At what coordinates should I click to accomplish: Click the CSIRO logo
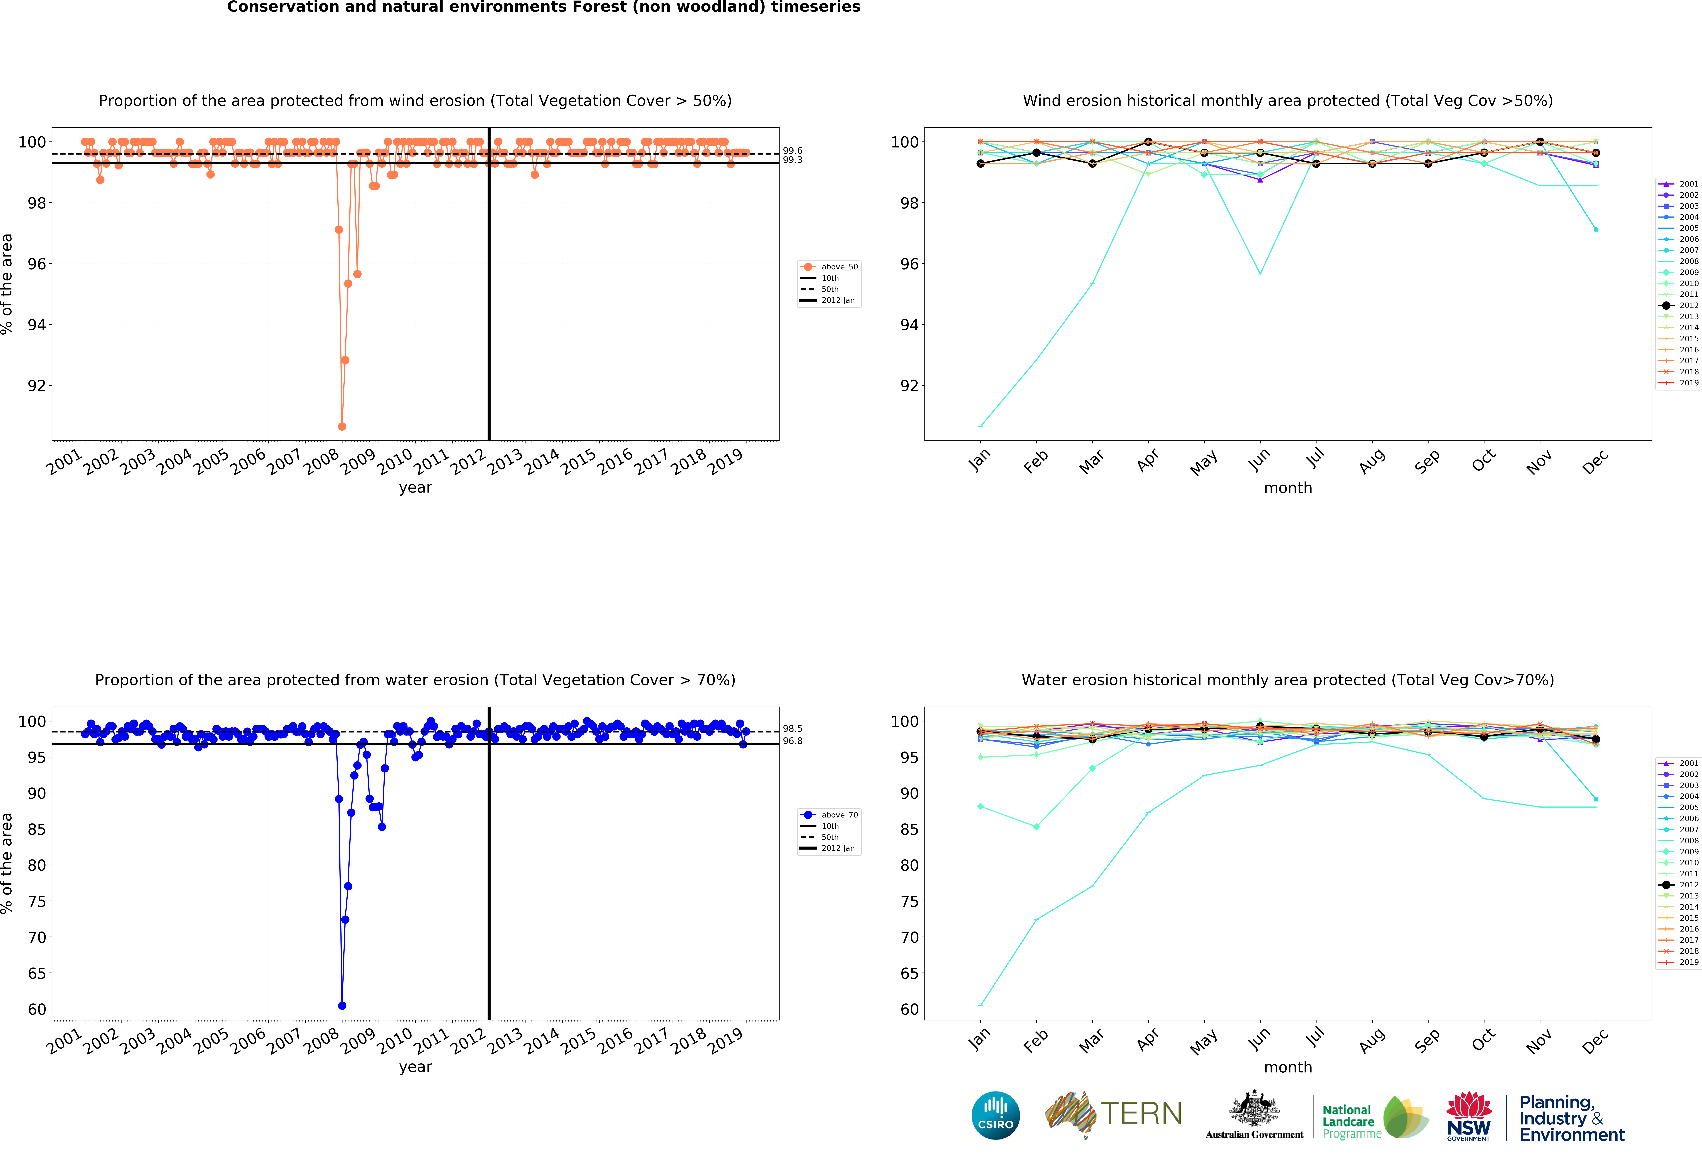995,1115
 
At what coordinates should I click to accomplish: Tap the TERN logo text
1141,1114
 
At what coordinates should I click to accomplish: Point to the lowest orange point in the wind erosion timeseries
342,426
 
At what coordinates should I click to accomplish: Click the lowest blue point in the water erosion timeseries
342,1005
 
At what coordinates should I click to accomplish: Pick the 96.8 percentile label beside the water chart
792,741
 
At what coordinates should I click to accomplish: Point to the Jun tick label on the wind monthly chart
1260,459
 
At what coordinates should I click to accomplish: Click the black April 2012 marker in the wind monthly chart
1148,142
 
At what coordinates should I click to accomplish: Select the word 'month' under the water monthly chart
1287,1067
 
